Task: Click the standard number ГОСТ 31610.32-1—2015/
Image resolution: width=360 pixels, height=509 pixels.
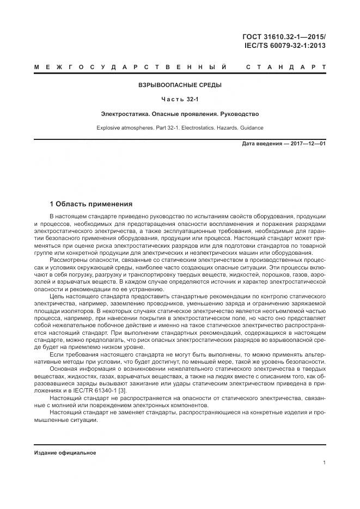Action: pos(284,36)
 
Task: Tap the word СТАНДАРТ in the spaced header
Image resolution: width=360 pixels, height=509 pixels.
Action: pos(286,68)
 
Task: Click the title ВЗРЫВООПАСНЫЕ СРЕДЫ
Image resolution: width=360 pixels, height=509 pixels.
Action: pos(180,85)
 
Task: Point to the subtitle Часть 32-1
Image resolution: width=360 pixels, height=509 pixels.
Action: pos(180,99)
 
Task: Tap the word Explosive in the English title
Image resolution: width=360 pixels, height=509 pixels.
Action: pos(109,127)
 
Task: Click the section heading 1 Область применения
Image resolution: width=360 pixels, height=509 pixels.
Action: pos(91,204)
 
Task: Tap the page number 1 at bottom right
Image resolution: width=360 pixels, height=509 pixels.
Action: pos(324,463)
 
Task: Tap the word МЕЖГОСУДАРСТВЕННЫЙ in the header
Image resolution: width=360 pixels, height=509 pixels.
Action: pos(130,68)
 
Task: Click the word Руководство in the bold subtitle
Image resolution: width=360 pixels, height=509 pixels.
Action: pos(237,114)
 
